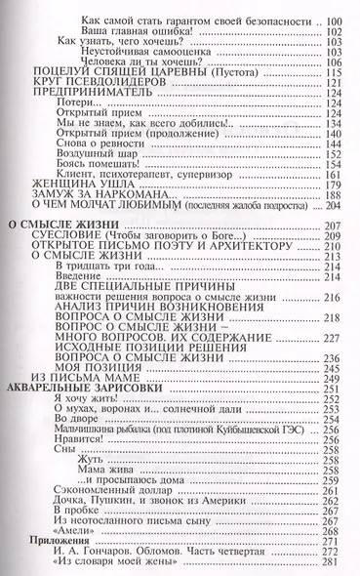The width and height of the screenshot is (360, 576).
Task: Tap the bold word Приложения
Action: pos(60,544)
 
